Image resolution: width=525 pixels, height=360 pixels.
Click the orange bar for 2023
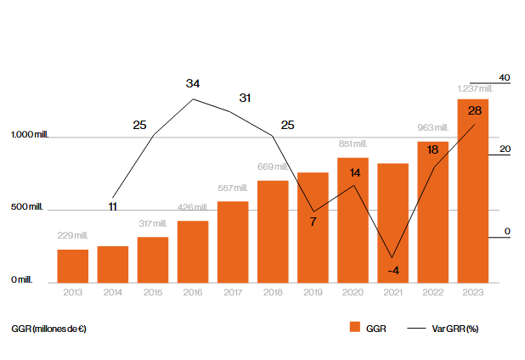472,191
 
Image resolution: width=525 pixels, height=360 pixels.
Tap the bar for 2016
193,251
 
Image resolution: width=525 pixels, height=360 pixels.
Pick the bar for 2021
392,222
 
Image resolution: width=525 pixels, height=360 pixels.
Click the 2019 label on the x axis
313,292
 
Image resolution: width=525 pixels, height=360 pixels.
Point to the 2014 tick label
113,292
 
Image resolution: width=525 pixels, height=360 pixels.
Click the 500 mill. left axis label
27,207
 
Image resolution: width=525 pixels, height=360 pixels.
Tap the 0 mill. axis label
21,280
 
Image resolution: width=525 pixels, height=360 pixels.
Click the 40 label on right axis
504,78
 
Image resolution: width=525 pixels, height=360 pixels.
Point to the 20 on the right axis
504,150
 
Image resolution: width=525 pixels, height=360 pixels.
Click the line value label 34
193,83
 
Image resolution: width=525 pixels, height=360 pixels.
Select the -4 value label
393,270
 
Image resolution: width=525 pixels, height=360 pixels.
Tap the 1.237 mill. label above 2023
471,88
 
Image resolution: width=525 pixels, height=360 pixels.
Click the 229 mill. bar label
73,235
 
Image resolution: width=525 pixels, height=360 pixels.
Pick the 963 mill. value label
432,128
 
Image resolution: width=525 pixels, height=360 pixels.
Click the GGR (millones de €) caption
49,328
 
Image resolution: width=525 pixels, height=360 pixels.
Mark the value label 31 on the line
245,98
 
